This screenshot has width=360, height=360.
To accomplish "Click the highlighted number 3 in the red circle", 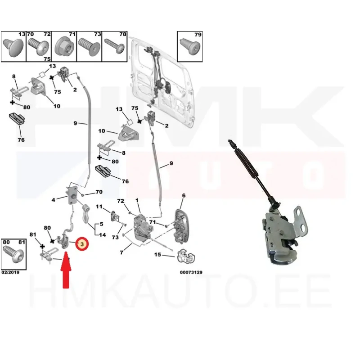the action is (82, 244).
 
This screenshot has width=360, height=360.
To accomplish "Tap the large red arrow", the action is (66, 270).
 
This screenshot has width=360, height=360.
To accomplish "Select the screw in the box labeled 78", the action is (114, 46).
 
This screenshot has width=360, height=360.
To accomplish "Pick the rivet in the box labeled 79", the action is (190, 46).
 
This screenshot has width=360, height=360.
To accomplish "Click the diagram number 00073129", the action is (191, 272).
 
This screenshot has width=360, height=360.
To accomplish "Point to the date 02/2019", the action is (10, 272).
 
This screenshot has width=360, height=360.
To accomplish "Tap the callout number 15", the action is (157, 255).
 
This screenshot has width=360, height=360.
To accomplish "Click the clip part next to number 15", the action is (186, 256).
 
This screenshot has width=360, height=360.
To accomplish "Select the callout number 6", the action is (184, 196).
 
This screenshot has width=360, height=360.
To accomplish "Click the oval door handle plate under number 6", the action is (181, 226).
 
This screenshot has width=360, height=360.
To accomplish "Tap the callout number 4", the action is (53, 200).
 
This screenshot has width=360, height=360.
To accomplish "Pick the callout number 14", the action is (103, 235).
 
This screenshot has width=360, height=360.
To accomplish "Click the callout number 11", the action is (99, 207).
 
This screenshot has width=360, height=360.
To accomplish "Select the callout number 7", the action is (121, 252).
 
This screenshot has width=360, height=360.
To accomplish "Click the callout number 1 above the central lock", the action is (137, 201).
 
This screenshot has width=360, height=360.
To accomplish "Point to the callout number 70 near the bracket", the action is (99, 192).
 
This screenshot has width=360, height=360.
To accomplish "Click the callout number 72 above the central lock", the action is (121, 201).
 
